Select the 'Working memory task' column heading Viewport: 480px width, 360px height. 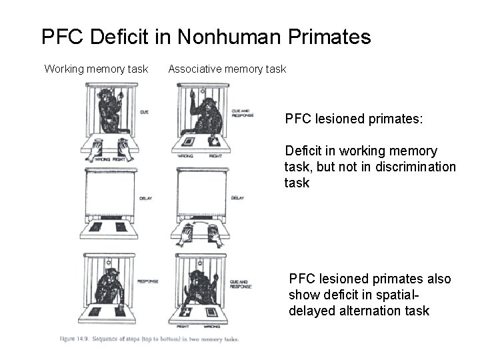[96, 69]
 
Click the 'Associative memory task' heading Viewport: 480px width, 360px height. [227, 69]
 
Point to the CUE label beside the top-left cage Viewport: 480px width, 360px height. [144, 112]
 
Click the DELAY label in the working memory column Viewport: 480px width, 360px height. [145, 198]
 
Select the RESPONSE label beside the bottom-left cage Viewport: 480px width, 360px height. [147, 281]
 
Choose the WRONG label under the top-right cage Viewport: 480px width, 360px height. [186, 156]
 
